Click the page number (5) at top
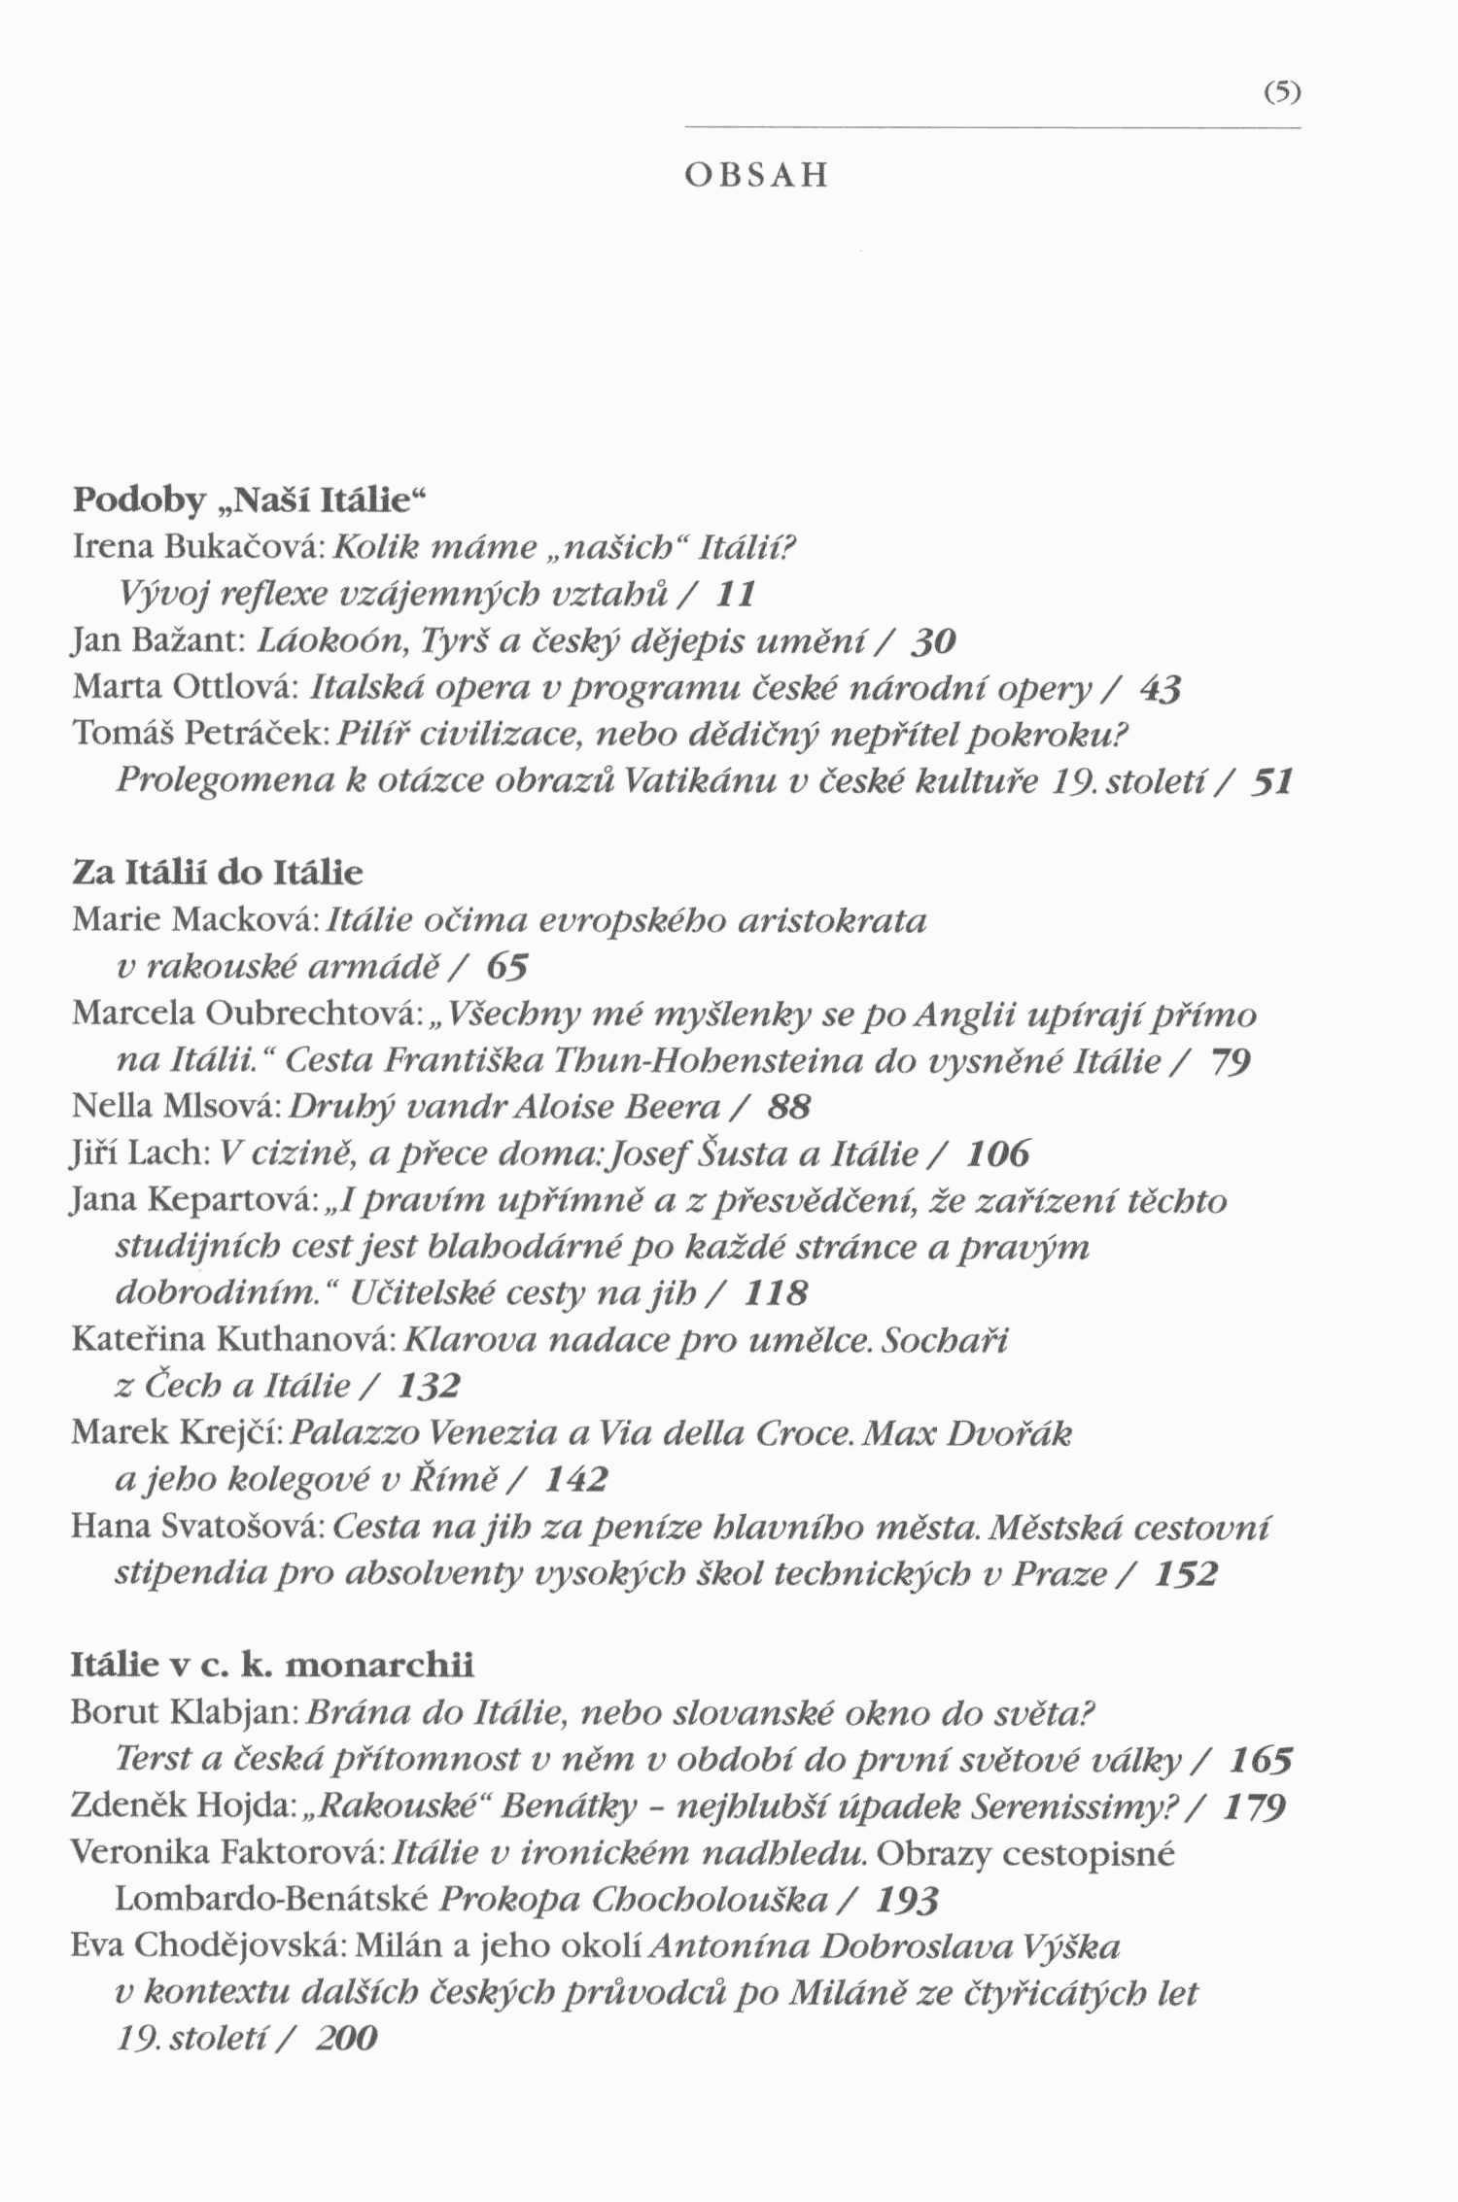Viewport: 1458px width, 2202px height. (x=1282, y=93)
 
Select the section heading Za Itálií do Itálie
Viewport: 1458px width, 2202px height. (x=218, y=873)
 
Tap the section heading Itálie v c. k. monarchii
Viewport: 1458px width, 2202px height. (x=273, y=1665)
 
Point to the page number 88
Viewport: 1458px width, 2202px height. (x=789, y=1107)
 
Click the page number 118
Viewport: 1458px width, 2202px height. (x=776, y=1293)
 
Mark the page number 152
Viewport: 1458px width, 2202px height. (x=1186, y=1573)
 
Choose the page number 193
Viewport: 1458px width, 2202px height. (x=907, y=1900)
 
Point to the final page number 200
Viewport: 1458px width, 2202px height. (x=346, y=2040)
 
